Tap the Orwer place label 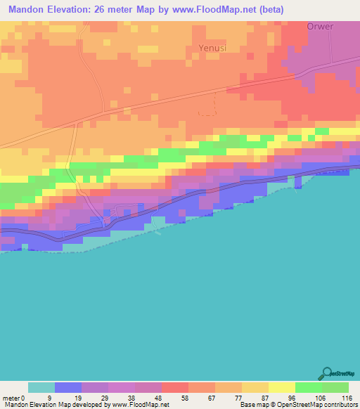point(321,26)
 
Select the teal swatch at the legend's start point(41,387)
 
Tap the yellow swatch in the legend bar point(282,387)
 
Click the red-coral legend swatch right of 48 point(175,387)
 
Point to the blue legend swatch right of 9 point(68,387)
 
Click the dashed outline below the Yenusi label point(207,105)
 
